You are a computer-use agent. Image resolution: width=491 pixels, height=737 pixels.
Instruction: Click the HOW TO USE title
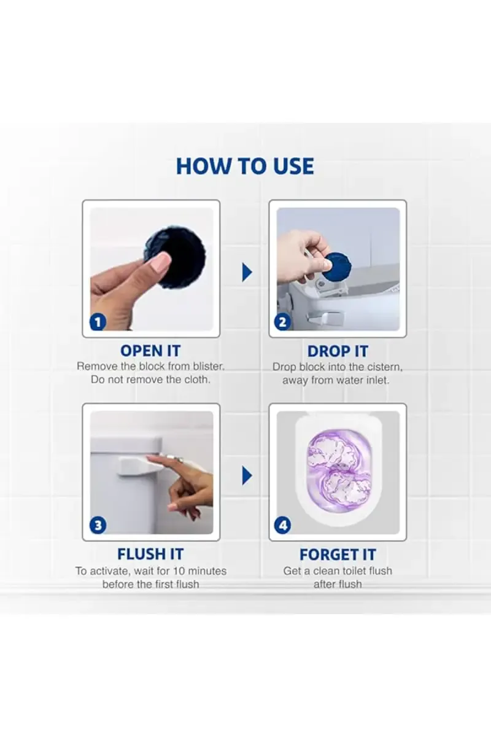point(245,166)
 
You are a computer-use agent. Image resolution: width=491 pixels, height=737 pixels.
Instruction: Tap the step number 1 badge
point(98,322)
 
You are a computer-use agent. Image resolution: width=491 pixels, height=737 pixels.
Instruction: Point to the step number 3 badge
point(98,525)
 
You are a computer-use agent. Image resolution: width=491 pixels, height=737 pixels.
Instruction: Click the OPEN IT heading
point(150,351)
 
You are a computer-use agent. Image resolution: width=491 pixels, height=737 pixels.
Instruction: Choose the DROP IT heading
point(338,351)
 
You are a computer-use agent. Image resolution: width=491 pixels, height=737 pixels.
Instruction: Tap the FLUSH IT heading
point(150,555)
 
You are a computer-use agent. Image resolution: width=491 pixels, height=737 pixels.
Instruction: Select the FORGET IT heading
point(338,555)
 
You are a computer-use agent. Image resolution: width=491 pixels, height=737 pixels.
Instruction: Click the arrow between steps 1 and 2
point(247,271)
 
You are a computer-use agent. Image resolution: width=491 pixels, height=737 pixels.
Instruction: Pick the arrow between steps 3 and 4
point(247,475)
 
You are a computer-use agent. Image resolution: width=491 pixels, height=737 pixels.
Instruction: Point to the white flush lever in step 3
point(138,465)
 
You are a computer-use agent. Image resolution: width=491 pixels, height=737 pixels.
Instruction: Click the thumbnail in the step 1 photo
point(161,263)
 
